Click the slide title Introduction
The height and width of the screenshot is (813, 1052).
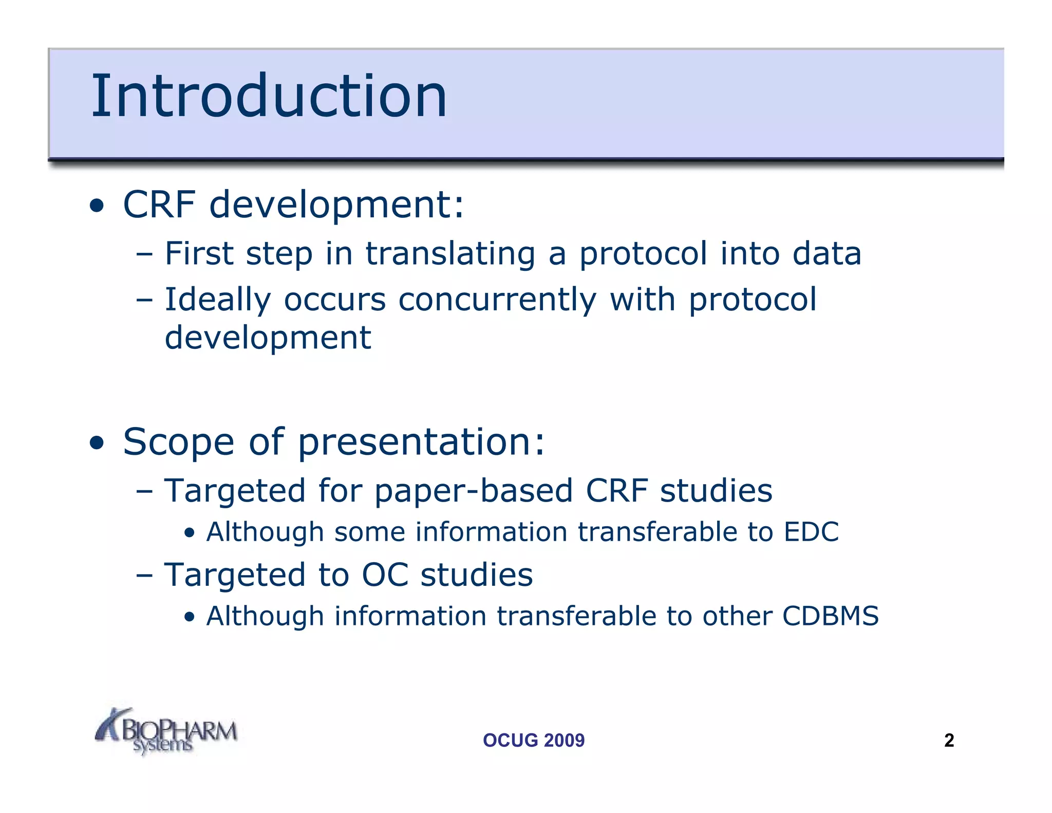point(269,96)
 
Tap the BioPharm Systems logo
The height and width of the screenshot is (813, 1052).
point(166,731)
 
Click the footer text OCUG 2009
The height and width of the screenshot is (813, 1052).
point(533,740)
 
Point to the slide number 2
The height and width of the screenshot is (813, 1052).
point(949,740)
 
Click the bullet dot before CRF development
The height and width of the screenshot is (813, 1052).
point(97,207)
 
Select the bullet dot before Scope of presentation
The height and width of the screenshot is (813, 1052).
point(97,443)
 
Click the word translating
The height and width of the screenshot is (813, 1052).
point(450,254)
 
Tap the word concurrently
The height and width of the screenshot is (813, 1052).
point(497,300)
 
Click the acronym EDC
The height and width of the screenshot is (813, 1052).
point(811,532)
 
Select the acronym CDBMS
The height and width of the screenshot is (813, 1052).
point(830,616)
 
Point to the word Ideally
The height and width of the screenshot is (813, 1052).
point(217,301)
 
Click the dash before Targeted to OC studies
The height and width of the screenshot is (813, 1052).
point(145,576)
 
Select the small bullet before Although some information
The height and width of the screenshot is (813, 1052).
point(190,533)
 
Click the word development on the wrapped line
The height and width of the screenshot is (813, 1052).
point(268,338)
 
